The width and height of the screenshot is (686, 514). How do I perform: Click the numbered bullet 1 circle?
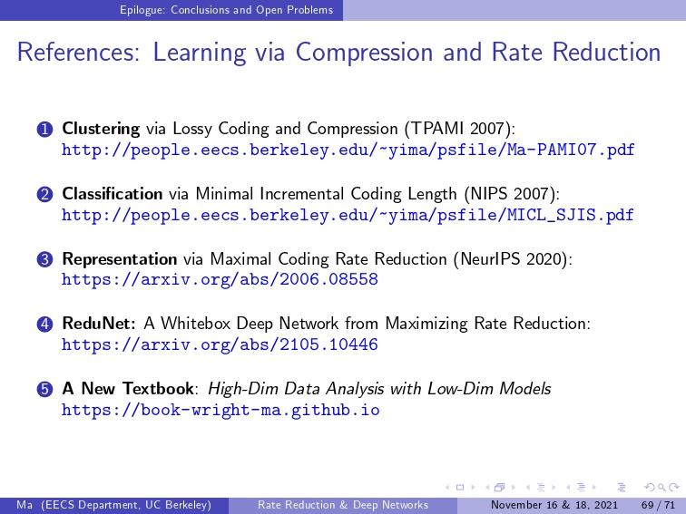pyautogui.click(x=44, y=130)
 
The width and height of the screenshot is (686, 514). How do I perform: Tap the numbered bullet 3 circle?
pyautogui.click(x=44, y=259)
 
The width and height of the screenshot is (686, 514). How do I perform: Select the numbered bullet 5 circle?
pyautogui.click(x=44, y=389)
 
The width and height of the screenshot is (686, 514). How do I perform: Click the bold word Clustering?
pyautogui.click(x=101, y=129)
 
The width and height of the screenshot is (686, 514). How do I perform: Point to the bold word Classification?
pyautogui.click(x=113, y=193)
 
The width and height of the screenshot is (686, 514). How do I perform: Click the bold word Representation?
pyautogui.click(x=120, y=258)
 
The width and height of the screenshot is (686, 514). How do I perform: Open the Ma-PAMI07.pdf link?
pyautogui.click(x=348, y=150)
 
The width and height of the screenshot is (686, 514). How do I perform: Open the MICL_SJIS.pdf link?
pyautogui.click(x=348, y=215)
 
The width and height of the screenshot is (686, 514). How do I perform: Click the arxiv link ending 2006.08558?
pyautogui.click(x=220, y=279)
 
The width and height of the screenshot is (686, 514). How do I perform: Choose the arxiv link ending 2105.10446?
pyautogui.click(x=220, y=344)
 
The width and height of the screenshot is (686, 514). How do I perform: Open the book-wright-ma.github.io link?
pyautogui.click(x=220, y=410)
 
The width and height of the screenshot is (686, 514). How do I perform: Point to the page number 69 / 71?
pyautogui.click(x=658, y=505)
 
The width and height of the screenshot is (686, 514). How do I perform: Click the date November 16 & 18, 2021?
pyautogui.click(x=554, y=505)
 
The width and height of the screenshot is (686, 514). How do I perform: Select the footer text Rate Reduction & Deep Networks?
pyautogui.click(x=343, y=505)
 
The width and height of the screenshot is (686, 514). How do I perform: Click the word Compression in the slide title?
pyautogui.click(x=365, y=53)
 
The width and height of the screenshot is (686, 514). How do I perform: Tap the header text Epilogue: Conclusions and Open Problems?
pyautogui.click(x=226, y=10)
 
